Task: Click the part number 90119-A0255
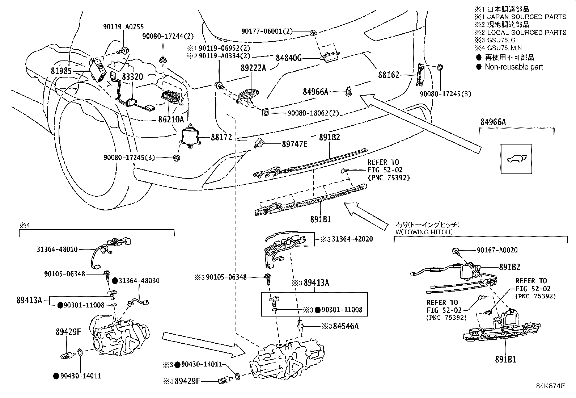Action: [x=124, y=26]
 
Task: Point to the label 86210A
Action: [x=170, y=119]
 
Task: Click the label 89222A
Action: [x=253, y=68]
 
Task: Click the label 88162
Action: [x=389, y=75]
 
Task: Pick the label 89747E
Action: [x=295, y=144]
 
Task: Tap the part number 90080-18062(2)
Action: [x=313, y=113]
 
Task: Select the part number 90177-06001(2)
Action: [x=267, y=32]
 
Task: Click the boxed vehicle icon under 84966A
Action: [x=516, y=159]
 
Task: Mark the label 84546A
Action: [x=346, y=326]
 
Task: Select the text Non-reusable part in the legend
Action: [x=514, y=67]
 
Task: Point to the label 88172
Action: [x=221, y=138]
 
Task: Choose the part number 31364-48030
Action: [x=139, y=281]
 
